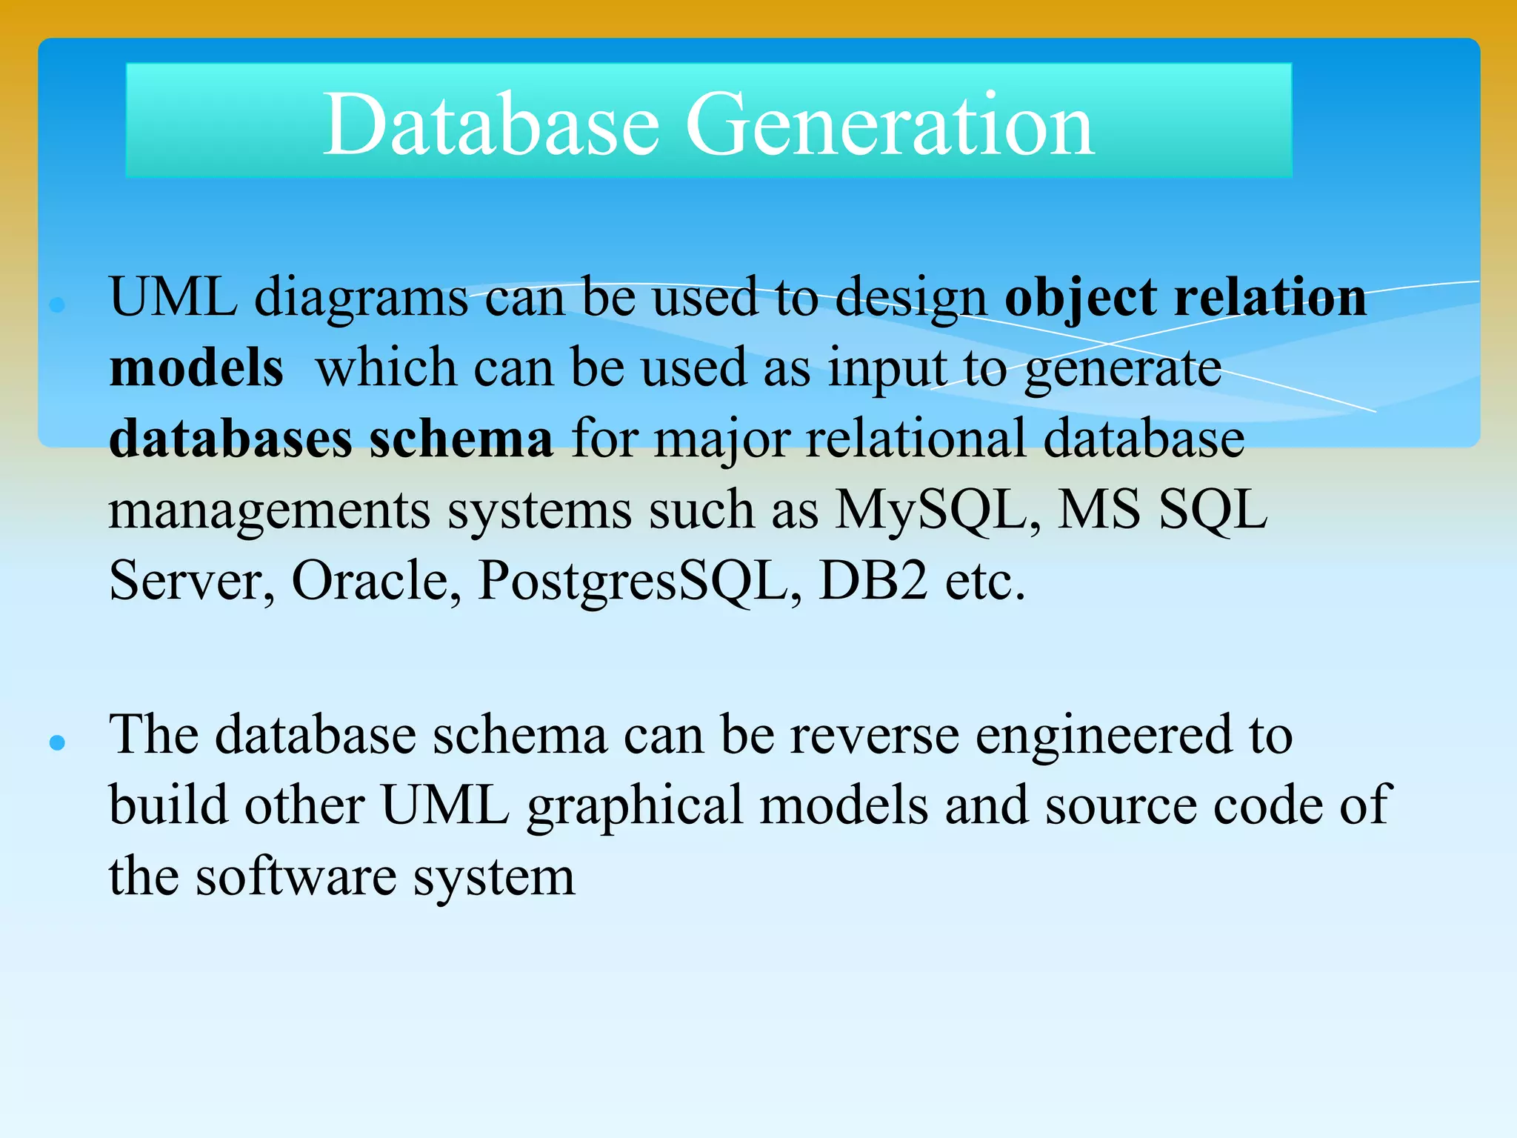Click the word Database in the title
coord(491,124)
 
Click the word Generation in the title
coord(890,124)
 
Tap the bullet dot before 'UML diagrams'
coord(57,304)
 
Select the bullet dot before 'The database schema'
coord(57,742)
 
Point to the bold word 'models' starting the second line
coord(196,368)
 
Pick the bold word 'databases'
coord(230,439)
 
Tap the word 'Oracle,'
coord(376,580)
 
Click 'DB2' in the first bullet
coord(873,580)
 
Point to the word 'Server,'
coord(192,582)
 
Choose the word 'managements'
coord(270,511)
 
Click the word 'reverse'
coord(874,736)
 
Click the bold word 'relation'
coord(1270,298)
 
